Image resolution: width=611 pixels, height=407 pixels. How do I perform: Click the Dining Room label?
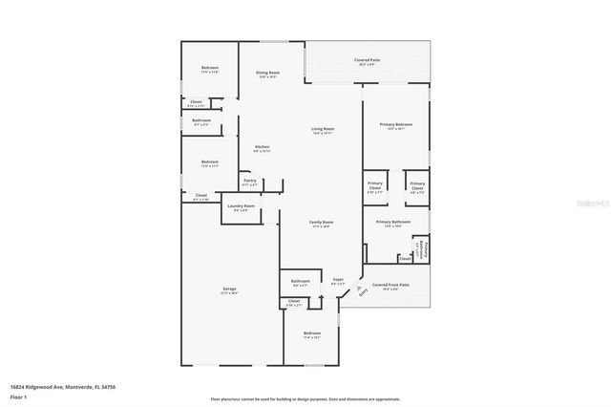click(x=267, y=74)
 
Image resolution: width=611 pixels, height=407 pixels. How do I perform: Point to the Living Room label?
click(x=322, y=130)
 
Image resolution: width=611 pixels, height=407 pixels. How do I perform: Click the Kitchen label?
click(x=262, y=148)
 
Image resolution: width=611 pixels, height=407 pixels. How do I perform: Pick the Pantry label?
click(x=249, y=182)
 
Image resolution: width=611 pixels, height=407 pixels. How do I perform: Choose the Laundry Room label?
click(x=242, y=206)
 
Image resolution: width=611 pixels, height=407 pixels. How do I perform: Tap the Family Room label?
click(x=321, y=224)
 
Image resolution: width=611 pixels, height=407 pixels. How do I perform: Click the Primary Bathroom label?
click(x=396, y=224)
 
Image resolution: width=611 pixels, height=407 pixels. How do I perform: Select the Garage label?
click(x=230, y=290)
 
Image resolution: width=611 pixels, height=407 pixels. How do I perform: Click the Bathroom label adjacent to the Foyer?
click(x=300, y=282)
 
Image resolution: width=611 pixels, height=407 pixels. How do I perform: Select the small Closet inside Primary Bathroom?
click(x=405, y=258)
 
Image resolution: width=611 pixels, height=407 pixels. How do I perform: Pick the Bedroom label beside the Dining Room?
click(x=210, y=69)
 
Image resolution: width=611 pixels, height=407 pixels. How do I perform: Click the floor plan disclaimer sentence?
click(x=305, y=398)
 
